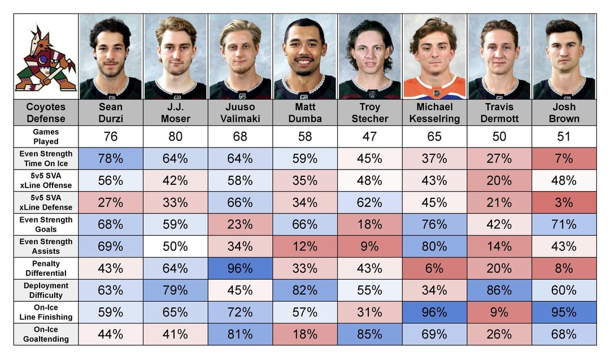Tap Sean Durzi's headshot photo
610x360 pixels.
(111, 57)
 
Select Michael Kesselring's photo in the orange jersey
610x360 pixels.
(434, 57)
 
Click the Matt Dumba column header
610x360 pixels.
(305, 112)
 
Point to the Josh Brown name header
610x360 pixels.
(564, 112)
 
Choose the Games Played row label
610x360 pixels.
(46, 136)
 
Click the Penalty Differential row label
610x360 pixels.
(46, 268)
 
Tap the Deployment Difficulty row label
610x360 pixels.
(46, 290)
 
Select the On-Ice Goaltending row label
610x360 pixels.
(46, 334)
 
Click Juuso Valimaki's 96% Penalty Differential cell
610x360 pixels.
(240, 268)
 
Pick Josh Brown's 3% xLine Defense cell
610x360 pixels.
(564, 202)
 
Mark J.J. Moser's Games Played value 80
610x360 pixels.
(176, 136)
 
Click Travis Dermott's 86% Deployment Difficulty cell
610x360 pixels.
(499, 290)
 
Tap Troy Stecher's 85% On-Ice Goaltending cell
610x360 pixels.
(370, 334)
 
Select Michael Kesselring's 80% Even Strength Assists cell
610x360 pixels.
(434, 246)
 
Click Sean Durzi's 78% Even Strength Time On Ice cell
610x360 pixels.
(111, 158)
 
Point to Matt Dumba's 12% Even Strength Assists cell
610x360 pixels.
(305, 246)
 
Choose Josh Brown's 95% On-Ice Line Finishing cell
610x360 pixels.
(564, 312)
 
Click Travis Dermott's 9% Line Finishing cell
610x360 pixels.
(499, 312)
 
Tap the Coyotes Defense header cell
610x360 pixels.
(46, 112)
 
